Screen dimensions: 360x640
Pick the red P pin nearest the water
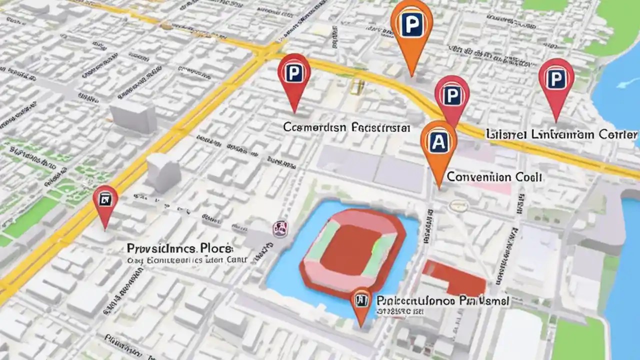[555, 80]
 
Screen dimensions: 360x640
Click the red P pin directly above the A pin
[451, 96]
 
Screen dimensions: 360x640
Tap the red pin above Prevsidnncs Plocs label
[105, 201]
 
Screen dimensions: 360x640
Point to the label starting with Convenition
[493, 177]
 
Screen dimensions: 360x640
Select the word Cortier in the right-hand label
[619, 134]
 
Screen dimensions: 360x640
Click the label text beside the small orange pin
[442, 300]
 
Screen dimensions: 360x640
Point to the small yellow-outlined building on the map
[356, 86]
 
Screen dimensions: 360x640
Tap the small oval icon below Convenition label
[457, 205]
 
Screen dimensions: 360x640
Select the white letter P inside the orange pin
[411, 24]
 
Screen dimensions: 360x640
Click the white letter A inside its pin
[438, 142]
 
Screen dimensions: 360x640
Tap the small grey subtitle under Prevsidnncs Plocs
[186, 260]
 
